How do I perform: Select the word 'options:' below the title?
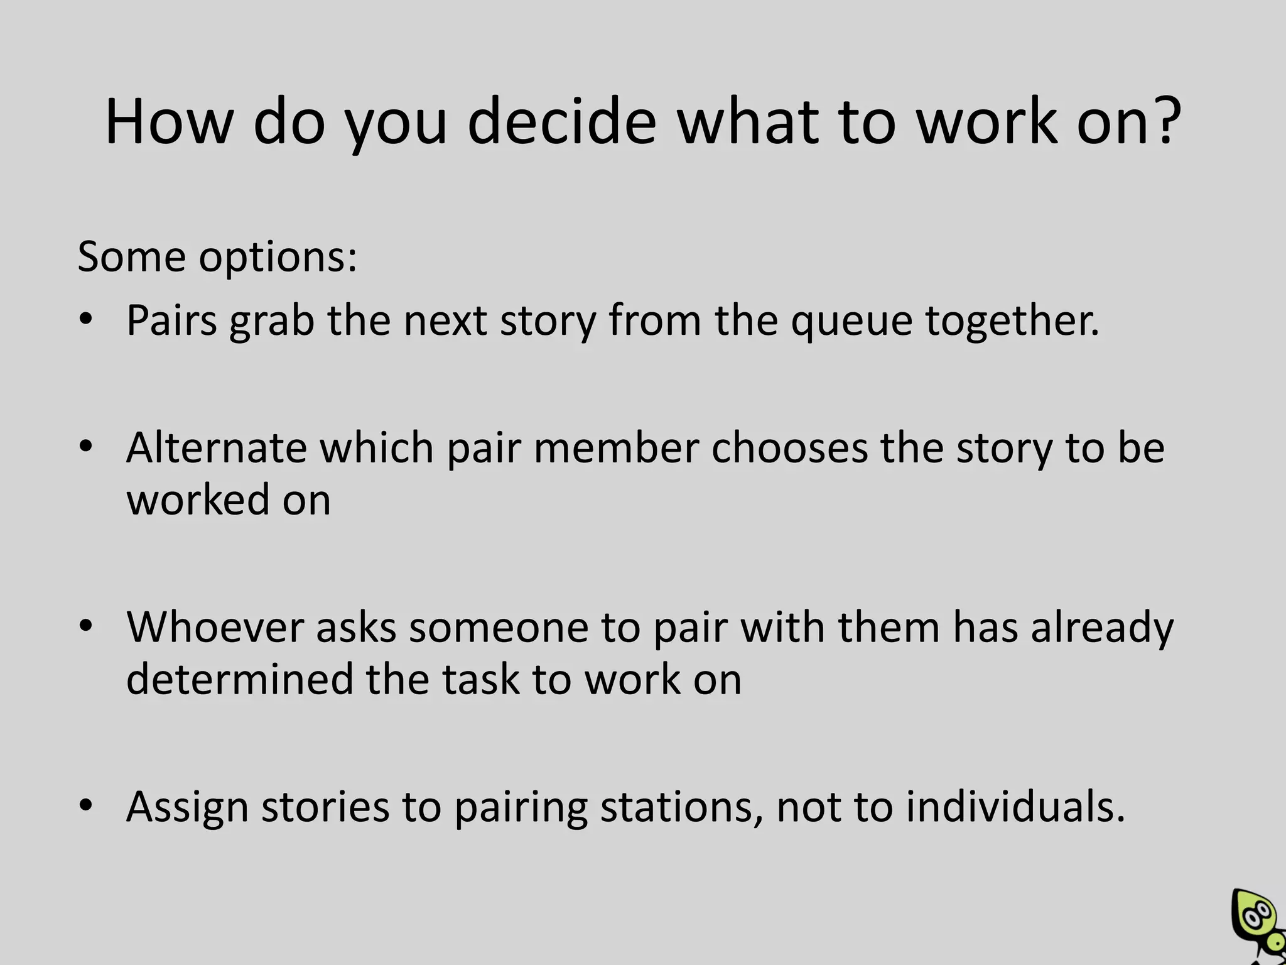click(x=278, y=258)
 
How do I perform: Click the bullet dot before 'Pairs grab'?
click(x=86, y=320)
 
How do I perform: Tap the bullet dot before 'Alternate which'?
click(x=86, y=447)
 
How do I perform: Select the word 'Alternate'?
click(x=217, y=449)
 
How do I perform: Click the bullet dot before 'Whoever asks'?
click(x=86, y=626)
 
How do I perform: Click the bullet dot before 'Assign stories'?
click(x=86, y=806)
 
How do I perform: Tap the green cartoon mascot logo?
click(x=1258, y=925)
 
